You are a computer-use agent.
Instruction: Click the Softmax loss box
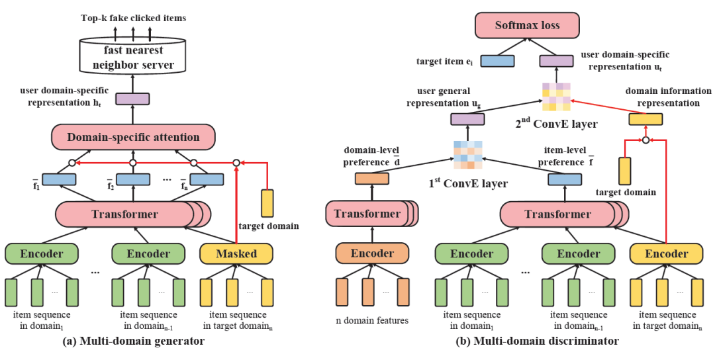coord(528,26)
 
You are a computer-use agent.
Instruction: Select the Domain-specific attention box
coord(133,138)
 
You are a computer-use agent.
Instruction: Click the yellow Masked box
coord(236,253)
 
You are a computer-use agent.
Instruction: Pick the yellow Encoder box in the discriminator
coord(666,253)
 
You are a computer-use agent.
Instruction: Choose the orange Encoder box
coord(372,253)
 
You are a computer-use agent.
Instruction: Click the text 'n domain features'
coord(372,321)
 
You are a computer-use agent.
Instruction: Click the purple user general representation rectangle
coord(467,119)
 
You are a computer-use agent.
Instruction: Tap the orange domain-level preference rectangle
coord(371,179)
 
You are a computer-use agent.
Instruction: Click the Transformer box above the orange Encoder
coord(367,214)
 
